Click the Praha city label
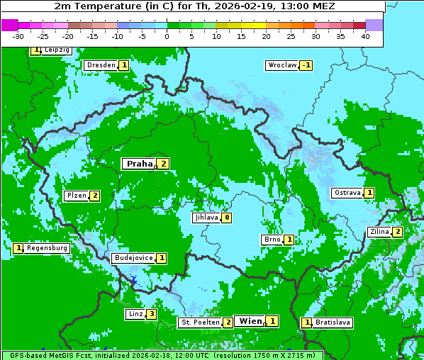[140, 164]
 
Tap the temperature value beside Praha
[164, 164]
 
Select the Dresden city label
[101, 65]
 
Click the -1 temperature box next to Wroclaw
[306, 65]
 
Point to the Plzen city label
[76, 196]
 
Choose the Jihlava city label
[206, 218]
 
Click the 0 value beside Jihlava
[226, 218]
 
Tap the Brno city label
[272, 240]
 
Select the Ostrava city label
[347, 193]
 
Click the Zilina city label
[379, 232]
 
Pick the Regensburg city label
[48, 248]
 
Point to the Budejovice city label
[133, 258]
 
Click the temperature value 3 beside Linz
[151, 314]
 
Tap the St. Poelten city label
[199, 322]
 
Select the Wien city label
[250, 321]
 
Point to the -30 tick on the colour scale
[18, 36]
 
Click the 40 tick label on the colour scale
[365, 36]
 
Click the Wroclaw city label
[281, 65]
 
